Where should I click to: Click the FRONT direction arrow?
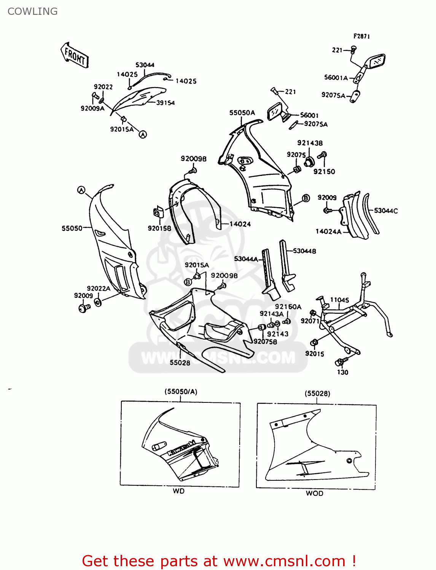tap(75, 55)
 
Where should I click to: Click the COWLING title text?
tap(32, 11)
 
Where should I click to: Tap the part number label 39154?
tap(165, 103)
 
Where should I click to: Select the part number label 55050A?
tap(242, 113)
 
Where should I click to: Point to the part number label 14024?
tap(240, 224)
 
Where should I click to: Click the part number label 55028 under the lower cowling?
tap(180, 363)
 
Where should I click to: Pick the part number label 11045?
tap(339, 300)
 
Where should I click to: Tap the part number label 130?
tap(342, 372)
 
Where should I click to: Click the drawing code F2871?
tap(361, 36)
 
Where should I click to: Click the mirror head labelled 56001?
tap(275, 111)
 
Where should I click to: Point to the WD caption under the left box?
tap(178, 491)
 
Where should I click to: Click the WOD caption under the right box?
tap(315, 493)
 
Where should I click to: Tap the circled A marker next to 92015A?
tap(143, 134)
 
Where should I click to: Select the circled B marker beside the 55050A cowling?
tap(306, 198)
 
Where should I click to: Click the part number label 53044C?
tap(386, 211)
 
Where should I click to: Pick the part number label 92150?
tap(324, 171)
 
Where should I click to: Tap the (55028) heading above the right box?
tap(317, 393)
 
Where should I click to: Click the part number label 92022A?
tap(99, 288)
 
